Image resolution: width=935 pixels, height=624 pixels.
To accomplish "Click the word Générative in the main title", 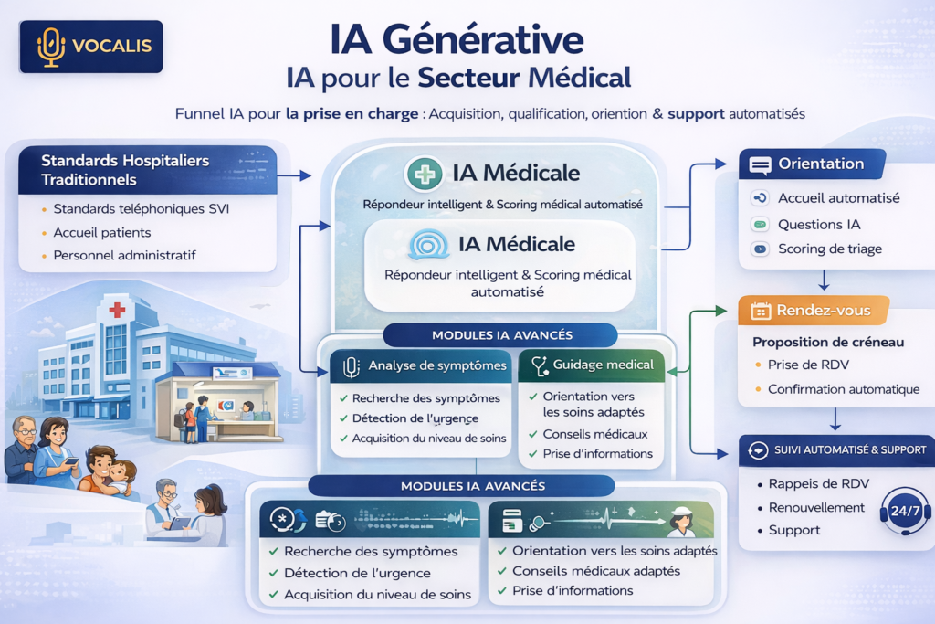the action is click(483, 40).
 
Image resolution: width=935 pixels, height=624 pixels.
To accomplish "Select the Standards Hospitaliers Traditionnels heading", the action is click(125, 170).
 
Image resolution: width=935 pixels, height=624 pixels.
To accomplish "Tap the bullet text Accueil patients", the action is click(102, 233).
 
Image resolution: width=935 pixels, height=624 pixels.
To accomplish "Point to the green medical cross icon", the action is click(424, 174).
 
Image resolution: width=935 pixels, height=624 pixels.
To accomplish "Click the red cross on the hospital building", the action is click(117, 310).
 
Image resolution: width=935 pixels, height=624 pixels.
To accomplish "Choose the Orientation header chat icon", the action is click(760, 164).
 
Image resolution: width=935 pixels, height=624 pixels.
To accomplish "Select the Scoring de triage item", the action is click(829, 249).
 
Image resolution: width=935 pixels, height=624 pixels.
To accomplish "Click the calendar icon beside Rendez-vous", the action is click(761, 311).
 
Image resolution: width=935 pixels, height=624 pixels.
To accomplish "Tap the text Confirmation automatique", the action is click(843, 389).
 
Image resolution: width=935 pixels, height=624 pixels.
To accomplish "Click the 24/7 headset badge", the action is click(905, 511).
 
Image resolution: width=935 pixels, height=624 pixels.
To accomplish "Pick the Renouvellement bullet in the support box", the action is click(816, 508).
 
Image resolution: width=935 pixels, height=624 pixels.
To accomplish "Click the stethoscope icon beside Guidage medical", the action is click(540, 365).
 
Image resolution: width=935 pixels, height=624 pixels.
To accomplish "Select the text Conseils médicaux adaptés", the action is click(596, 571).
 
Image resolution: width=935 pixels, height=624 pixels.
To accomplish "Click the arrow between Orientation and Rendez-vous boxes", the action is click(824, 280).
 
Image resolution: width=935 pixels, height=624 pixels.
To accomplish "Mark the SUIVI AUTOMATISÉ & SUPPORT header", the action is click(850, 450).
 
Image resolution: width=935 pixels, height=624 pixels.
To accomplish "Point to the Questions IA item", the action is click(819, 225).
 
